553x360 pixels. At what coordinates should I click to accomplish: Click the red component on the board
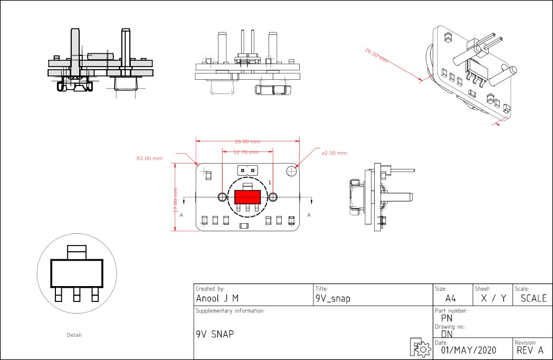(x=247, y=197)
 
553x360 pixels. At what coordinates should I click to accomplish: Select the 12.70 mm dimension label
(x=246, y=152)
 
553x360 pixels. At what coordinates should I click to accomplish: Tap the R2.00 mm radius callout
(x=149, y=158)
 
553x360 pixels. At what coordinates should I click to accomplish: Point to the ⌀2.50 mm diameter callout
(x=335, y=153)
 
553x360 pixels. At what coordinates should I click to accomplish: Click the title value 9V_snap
(x=332, y=298)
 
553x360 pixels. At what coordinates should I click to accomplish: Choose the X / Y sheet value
(x=493, y=298)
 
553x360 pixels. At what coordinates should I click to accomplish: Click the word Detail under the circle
(x=74, y=335)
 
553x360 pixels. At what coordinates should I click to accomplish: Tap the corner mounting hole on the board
(x=292, y=170)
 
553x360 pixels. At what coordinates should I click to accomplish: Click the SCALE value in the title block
(x=533, y=298)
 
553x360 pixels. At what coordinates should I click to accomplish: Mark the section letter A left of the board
(x=182, y=215)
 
